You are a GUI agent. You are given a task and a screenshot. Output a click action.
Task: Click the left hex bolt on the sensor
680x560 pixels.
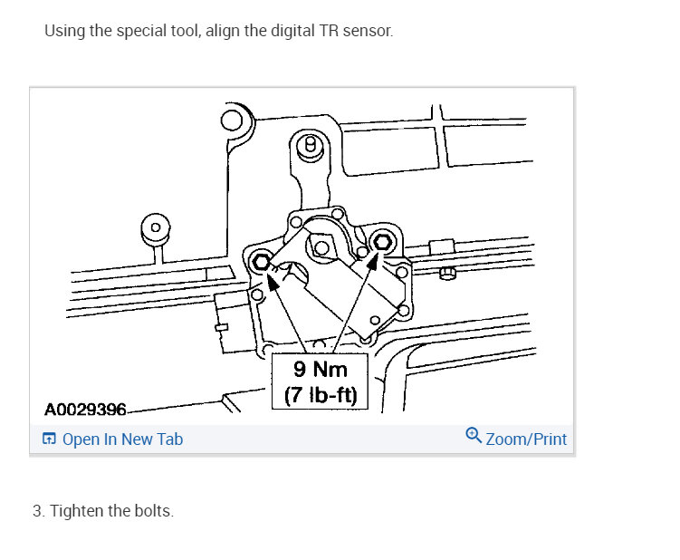coord(262,261)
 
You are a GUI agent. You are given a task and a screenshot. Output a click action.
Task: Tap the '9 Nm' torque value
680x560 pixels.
coord(320,371)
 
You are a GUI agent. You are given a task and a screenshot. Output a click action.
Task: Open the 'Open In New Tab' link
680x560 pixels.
coord(122,439)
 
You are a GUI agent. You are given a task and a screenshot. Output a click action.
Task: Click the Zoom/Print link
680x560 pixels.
coord(526,439)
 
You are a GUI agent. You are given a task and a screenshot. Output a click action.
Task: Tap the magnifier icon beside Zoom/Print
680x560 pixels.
coord(474,437)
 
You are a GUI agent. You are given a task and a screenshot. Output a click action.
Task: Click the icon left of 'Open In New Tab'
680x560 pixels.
coord(49,439)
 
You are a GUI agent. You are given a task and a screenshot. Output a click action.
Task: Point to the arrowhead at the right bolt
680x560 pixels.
coord(372,261)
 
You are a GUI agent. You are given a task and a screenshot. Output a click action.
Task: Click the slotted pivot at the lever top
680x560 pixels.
coord(311,145)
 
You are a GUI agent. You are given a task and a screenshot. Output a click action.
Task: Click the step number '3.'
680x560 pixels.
coord(39,511)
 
